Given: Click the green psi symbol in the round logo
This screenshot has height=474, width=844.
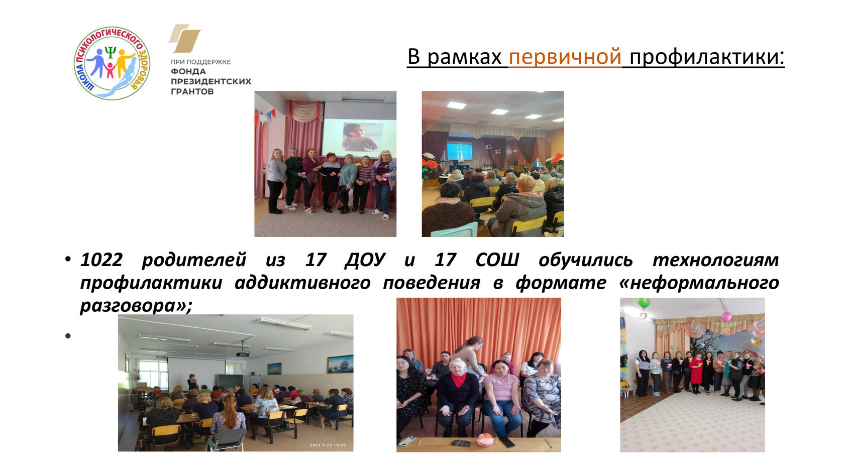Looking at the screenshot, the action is pyautogui.click(x=111, y=53).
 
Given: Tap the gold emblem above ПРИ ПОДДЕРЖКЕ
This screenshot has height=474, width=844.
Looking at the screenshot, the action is pyautogui.click(x=185, y=38).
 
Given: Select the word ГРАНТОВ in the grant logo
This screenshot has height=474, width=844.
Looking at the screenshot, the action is pyautogui.click(x=192, y=91).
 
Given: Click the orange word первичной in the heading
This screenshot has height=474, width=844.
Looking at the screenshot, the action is pyautogui.click(x=565, y=57).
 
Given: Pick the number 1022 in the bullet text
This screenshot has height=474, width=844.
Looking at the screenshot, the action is pyautogui.click(x=101, y=260).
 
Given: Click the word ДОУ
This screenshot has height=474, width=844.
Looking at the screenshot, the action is pyautogui.click(x=365, y=260).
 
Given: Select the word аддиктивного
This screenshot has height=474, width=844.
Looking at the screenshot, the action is pyautogui.click(x=302, y=283).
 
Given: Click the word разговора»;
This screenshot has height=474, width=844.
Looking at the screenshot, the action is pyautogui.click(x=136, y=305).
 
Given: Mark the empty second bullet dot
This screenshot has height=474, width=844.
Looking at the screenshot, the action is pyautogui.click(x=68, y=335).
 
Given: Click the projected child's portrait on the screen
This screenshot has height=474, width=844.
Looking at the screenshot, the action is pyautogui.click(x=360, y=137).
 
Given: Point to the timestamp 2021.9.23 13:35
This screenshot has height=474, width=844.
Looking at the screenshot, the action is pyautogui.click(x=328, y=445).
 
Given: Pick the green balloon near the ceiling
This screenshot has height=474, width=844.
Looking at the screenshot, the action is pyautogui.click(x=644, y=303).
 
